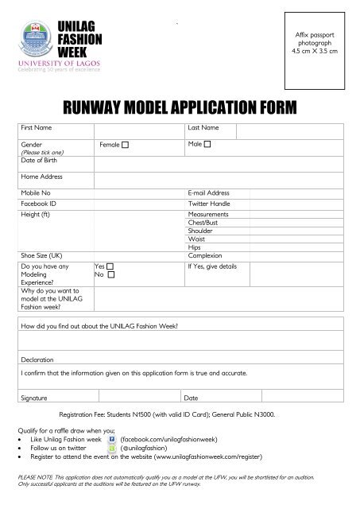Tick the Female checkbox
point(125,146)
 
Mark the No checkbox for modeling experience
point(110,274)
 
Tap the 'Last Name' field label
point(203,127)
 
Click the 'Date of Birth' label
point(39,160)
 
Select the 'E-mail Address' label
point(208,193)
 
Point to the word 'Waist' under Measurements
point(196,239)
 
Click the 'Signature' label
point(35,397)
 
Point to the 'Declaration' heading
point(37,359)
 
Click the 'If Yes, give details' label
point(211,266)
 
